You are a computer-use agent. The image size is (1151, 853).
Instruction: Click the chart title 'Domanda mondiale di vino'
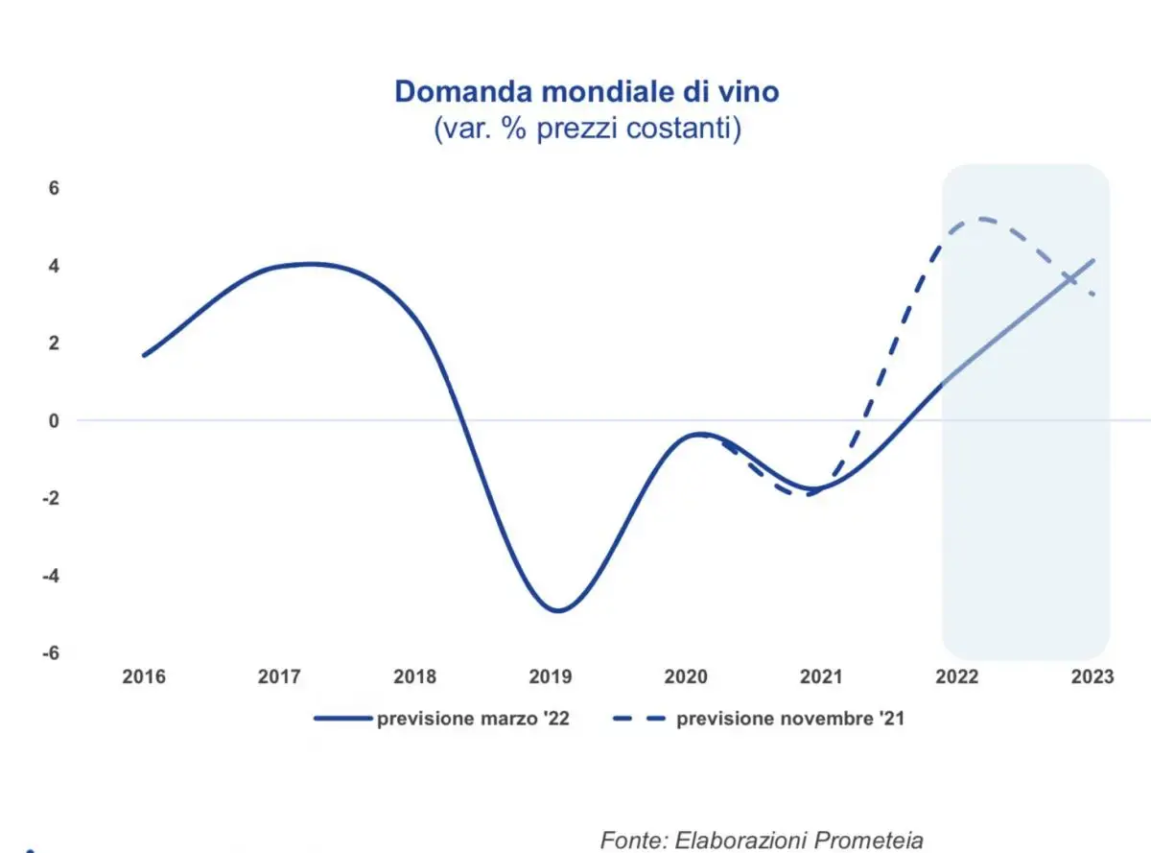(587, 92)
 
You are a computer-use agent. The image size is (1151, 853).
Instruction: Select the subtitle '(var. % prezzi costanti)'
(587, 129)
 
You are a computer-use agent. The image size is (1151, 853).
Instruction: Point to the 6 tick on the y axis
(55, 188)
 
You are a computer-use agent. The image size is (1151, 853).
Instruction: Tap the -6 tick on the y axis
(52, 653)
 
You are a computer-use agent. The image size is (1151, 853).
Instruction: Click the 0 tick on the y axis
(55, 421)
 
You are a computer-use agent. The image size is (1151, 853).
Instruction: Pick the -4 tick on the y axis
(52, 576)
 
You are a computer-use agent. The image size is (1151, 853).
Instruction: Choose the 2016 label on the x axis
(144, 677)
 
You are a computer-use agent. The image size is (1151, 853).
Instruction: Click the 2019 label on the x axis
(551, 677)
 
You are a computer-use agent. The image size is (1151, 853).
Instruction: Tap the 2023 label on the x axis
(1092, 677)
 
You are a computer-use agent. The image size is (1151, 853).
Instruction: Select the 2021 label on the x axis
(822, 677)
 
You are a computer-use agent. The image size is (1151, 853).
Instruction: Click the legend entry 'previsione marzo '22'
(474, 719)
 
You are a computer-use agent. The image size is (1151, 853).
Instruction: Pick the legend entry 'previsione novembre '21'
(789, 719)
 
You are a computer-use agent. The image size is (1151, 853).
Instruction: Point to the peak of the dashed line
(983, 219)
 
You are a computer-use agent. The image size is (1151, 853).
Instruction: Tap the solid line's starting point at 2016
(144, 355)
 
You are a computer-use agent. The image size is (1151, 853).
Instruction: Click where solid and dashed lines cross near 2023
(1069, 277)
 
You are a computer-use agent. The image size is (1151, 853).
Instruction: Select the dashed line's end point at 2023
(1093, 295)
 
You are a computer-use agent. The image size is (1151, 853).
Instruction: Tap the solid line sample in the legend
(342, 719)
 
